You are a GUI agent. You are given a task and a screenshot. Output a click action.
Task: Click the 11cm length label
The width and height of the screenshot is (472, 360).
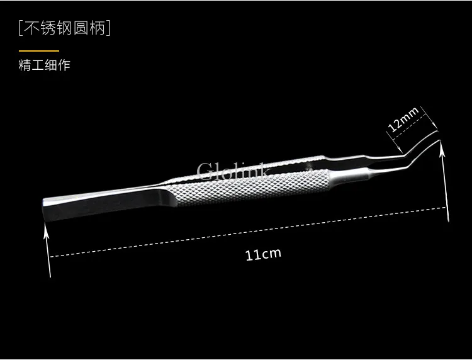coord(264,254)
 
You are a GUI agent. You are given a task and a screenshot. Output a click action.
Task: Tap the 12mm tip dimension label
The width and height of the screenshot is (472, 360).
coord(403,120)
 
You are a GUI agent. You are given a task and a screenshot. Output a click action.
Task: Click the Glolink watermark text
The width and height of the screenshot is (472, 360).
coord(234,171)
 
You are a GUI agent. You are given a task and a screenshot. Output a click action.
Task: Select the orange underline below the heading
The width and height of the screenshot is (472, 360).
coord(39,51)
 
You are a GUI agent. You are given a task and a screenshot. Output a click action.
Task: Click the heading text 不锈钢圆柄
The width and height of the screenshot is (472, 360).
coord(64,28)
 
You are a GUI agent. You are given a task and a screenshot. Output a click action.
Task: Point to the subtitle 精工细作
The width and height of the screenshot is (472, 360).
coord(44,65)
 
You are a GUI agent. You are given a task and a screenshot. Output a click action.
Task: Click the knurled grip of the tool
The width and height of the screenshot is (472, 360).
coord(247,187)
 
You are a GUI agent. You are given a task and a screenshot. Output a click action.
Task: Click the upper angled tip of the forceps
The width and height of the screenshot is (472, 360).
coord(437,132)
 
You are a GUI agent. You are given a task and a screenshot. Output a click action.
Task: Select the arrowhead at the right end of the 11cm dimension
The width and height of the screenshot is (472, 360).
coord(442,149)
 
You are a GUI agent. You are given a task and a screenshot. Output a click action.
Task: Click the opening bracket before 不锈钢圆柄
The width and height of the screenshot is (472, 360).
coord(21,28)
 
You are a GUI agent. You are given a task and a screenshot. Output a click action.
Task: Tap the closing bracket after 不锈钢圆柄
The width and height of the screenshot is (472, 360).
coord(108,28)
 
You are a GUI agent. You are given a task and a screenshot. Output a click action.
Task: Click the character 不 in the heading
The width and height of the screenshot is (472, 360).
coord(31,28)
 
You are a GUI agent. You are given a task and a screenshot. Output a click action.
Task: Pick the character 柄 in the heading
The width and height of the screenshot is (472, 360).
coord(97,28)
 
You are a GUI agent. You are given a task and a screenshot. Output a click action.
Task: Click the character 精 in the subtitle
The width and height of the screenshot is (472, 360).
coord(25,65)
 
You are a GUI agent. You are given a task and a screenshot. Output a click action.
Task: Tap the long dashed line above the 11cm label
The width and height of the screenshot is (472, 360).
coord(248,232)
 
